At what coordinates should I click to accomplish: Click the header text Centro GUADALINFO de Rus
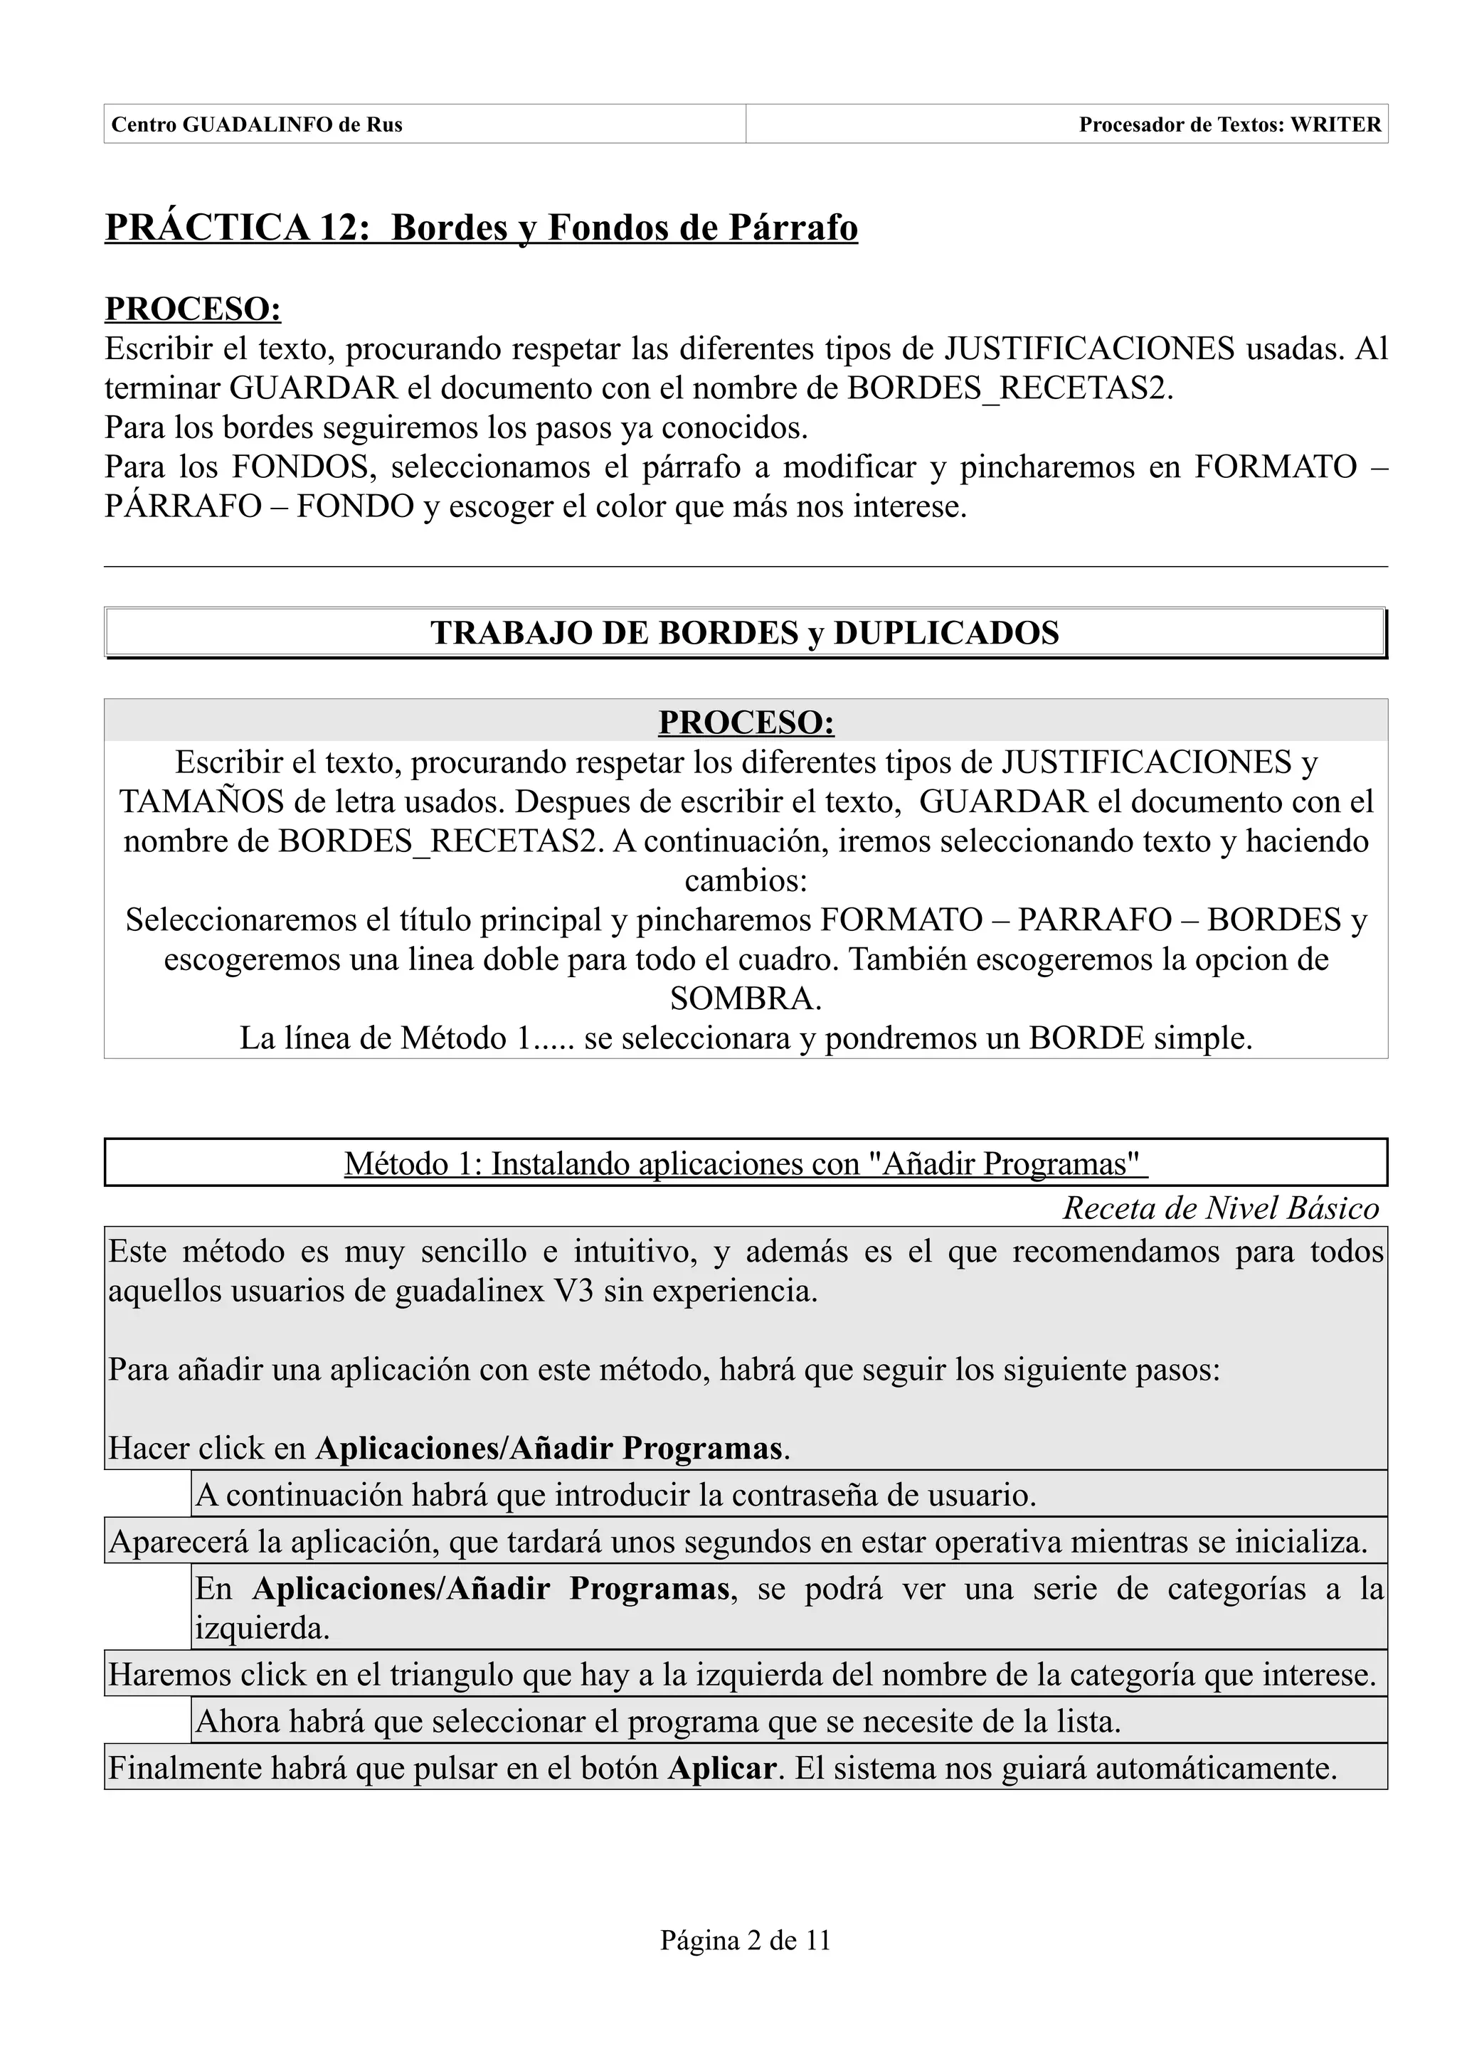point(256,124)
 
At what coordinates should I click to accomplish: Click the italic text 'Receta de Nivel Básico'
point(1220,1208)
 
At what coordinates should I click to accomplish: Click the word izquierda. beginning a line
point(261,1629)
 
